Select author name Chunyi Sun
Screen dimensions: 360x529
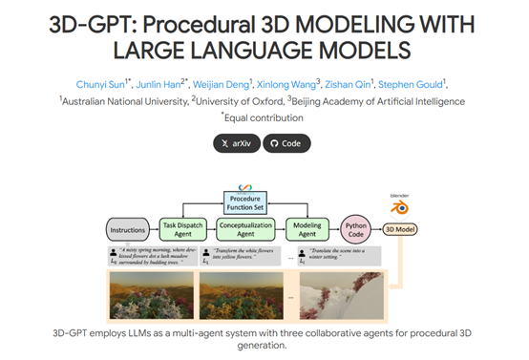(x=103, y=82)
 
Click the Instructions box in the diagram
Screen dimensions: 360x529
(x=127, y=229)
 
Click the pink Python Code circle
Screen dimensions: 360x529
(x=355, y=229)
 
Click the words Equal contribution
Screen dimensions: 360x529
(x=266, y=117)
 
